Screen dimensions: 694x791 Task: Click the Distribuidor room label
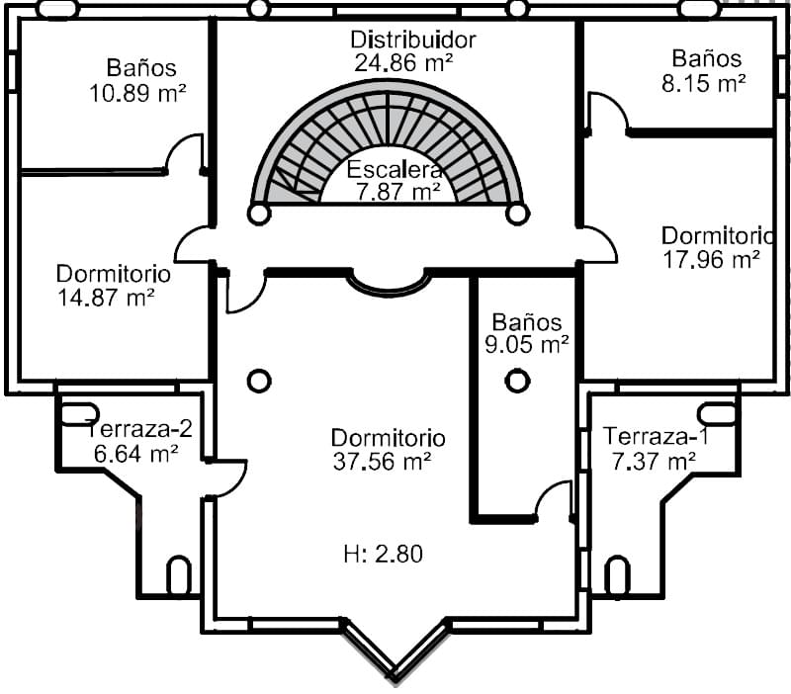coord(413,41)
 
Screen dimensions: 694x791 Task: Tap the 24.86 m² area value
coord(403,62)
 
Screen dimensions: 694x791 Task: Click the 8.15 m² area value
coord(703,83)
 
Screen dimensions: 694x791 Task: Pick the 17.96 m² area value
coord(710,259)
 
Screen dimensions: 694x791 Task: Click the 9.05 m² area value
coord(527,345)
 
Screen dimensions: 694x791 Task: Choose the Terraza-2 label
coord(139,429)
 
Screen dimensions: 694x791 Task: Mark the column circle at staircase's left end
coord(259,214)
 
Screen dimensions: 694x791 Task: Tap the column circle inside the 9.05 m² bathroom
coord(517,381)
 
